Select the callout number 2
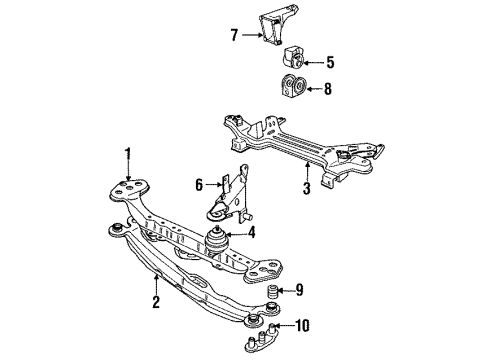(x=156, y=302)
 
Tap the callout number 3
(x=306, y=188)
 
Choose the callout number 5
(x=330, y=62)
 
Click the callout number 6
(x=199, y=185)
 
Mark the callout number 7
(x=234, y=35)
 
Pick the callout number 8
(x=328, y=89)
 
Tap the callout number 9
(x=299, y=290)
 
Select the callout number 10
(x=302, y=325)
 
